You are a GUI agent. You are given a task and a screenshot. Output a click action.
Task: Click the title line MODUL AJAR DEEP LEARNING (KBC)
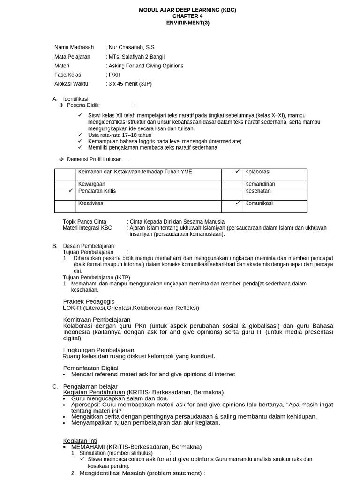pos(180,10)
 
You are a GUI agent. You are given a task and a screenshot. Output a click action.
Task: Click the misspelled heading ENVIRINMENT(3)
pos(180,22)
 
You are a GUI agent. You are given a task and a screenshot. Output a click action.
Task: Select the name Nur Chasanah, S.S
pos(131,47)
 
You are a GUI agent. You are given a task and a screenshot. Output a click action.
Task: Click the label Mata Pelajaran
pos(72,57)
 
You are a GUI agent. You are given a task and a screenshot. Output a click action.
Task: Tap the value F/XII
pos(114,75)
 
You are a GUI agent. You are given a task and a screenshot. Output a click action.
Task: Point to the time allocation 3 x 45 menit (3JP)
pos(130,84)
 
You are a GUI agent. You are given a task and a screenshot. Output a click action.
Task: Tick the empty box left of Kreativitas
pos(65,206)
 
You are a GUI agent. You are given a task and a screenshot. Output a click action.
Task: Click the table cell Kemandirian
pos(260,184)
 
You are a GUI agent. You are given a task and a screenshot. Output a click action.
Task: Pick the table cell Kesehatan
pos(257,191)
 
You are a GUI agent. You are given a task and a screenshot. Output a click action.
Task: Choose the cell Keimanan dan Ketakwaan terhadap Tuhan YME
pos(135,172)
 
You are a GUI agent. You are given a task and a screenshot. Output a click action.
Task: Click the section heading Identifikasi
pos(75,99)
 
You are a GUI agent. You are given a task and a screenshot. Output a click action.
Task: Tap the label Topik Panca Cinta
pos(84,222)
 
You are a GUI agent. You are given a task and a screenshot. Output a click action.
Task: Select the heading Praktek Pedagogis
pos(89,301)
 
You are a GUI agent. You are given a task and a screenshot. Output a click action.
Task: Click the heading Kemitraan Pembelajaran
pos(97,320)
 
